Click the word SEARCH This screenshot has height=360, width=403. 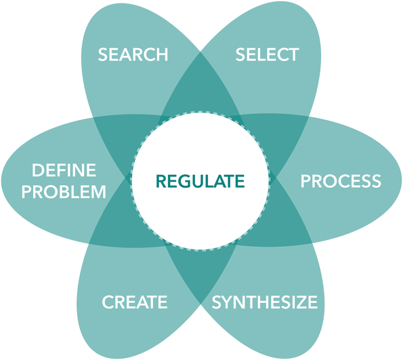point(133,54)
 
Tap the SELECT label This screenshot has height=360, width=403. point(267,54)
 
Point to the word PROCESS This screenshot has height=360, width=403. point(341,181)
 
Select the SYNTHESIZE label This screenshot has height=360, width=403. point(265,302)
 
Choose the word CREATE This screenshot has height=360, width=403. point(135,302)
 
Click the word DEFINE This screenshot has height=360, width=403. point(64,171)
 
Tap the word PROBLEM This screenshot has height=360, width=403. point(64,191)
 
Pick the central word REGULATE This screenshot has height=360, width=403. point(201,181)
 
